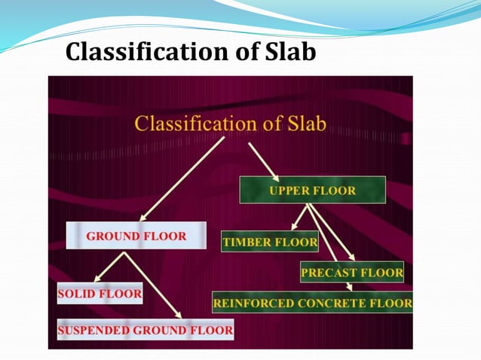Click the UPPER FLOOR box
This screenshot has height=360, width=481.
312,190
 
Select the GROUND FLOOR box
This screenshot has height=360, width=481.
136,236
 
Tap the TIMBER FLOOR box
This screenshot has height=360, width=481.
270,243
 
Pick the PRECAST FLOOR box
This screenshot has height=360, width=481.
352,272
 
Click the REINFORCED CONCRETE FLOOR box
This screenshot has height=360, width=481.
312,304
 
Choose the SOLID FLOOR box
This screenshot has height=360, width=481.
100,294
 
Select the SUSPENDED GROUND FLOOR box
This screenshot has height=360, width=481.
146,329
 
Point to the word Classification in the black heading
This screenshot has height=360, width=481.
158,52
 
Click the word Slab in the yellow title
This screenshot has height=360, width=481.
301,124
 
